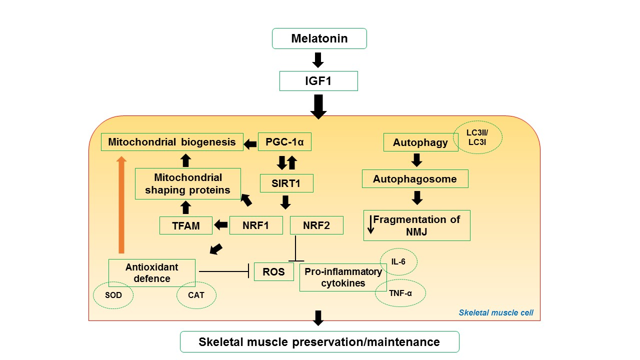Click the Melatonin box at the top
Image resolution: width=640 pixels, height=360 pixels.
[x=319, y=38]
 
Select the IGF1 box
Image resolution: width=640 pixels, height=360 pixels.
[x=318, y=80]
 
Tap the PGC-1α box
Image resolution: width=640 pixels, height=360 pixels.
[x=284, y=142]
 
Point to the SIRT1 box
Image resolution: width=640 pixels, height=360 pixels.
[x=286, y=183]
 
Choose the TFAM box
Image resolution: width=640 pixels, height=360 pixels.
[x=186, y=225]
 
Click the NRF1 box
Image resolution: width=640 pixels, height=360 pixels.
[x=256, y=225]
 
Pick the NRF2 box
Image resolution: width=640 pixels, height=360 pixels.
[x=316, y=225]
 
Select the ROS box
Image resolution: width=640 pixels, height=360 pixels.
[x=273, y=271]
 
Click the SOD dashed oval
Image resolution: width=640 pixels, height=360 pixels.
[x=113, y=295]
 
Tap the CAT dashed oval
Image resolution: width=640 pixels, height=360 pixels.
[x=196, y=295]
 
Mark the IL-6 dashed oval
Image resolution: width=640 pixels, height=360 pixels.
[x=398, y=261]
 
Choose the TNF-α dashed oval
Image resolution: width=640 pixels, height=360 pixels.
[x=400, y=293]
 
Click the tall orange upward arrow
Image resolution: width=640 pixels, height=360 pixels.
[x=121, y=205]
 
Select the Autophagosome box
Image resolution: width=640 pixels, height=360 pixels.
[x=415, y=178]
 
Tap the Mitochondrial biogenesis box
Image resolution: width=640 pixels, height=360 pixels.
[x=172, y=142]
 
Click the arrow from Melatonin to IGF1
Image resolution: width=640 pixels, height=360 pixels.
[x=318, y=59]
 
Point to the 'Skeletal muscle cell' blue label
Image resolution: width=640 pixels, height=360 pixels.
[x=496, y=313]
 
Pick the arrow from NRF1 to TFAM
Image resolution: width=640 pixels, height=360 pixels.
[x=220, y=225]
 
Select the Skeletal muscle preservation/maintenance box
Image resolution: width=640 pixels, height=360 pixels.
[x=319, y=342]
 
